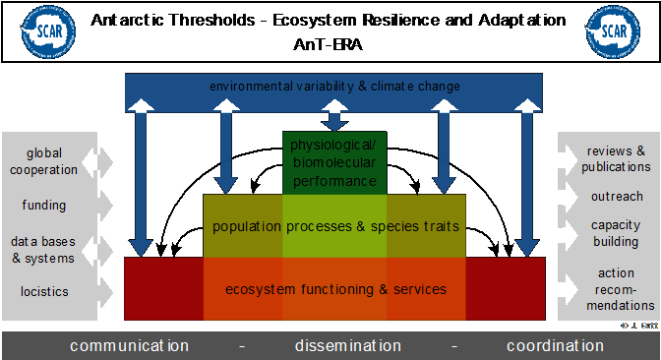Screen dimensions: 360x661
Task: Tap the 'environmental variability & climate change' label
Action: [x=334, y=87]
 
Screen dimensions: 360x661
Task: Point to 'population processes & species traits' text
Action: [x=335, y=226]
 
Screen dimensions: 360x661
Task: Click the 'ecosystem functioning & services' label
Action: [x=335, y=289]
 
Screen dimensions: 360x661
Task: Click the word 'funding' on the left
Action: [x=44, y=206]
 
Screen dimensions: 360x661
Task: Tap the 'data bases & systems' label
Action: [x=43, y=249]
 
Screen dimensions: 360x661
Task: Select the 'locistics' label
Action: [x=44, y=291]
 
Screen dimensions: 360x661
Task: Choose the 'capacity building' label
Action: [x=616, y=233]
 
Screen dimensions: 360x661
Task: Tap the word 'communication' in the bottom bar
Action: [x=129, y=345]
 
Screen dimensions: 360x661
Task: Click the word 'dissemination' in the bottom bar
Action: [x=348, y=345]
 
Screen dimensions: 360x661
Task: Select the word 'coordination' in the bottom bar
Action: [x=555, y=345]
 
